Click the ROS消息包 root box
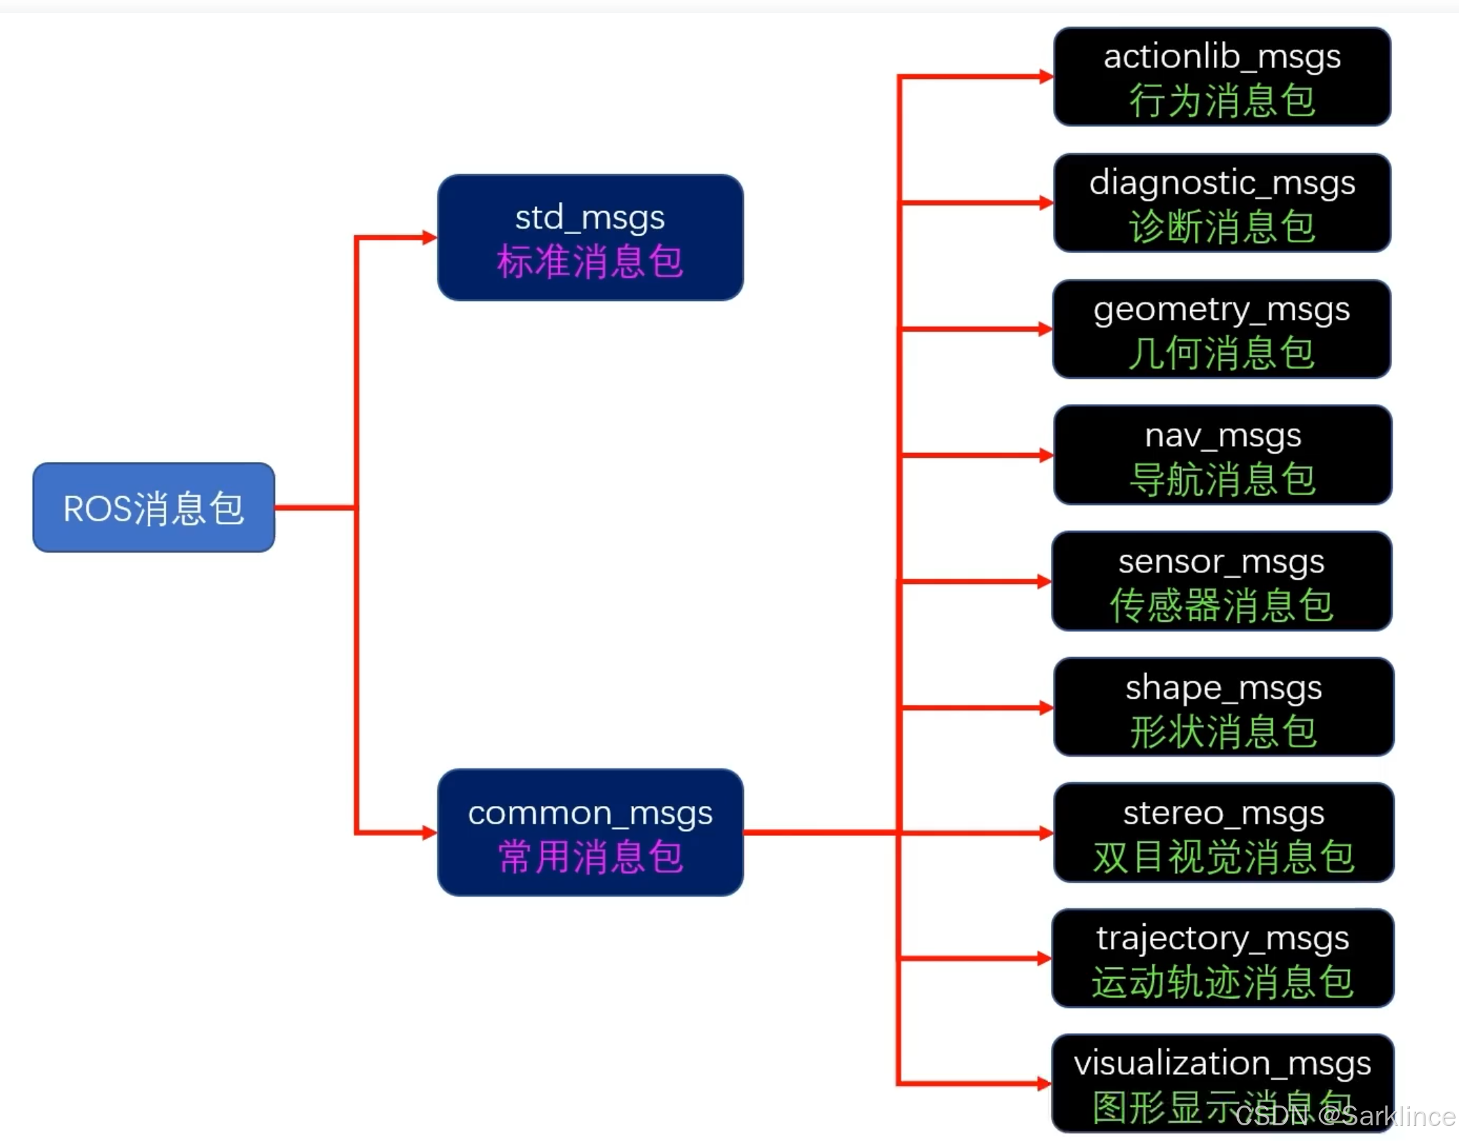pos(154,507)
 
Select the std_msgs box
pos(590,237)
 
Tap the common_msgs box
pos(590,832)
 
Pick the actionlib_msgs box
pos(1222,76)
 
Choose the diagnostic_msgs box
pos(1222,203)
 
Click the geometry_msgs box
pos(1222,329)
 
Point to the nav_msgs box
pos(1222,454)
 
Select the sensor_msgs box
pos(1222,581)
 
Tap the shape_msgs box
pos(1223,707)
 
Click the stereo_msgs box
pos(1223,833)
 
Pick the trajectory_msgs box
pos(1222,958)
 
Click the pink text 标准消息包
pos(590,262)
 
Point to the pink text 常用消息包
pos(590,857)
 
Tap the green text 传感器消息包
pos(1222,605)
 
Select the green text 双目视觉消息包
pos(1223,857)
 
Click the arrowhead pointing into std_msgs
pos(430,237)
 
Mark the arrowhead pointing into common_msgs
pos(430,833)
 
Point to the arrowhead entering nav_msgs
pos(1046,455)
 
